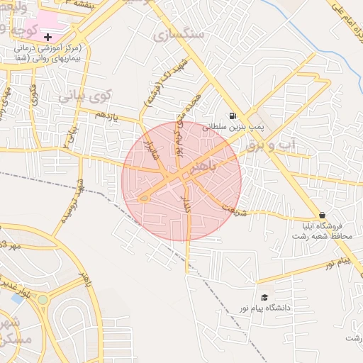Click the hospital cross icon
click(48, 36)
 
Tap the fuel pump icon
click(233, 116)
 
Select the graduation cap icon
click(264, 298)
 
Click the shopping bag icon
click(323, 215)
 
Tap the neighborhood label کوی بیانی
click(85, 95)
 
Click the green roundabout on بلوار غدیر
click(43, 299)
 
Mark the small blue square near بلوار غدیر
click(17, 298)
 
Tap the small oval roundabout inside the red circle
click(144, 198)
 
